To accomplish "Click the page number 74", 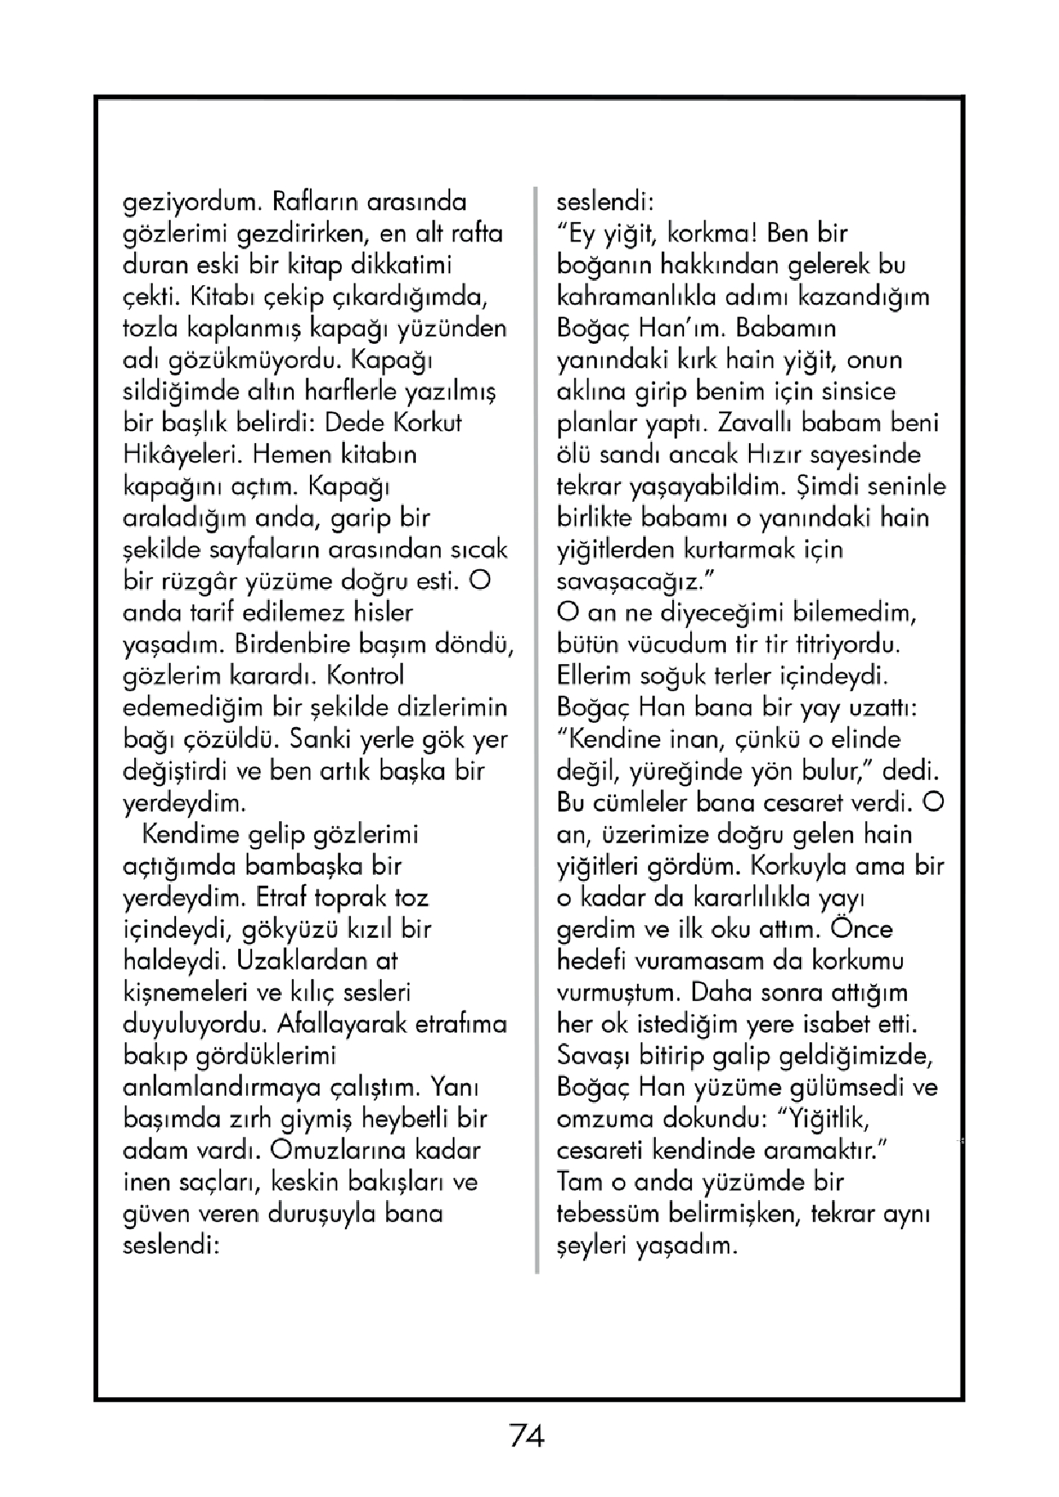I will (x=527, y=1436).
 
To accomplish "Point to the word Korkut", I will (x=427, y=423).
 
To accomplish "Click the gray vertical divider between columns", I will (x=537, y=725).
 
